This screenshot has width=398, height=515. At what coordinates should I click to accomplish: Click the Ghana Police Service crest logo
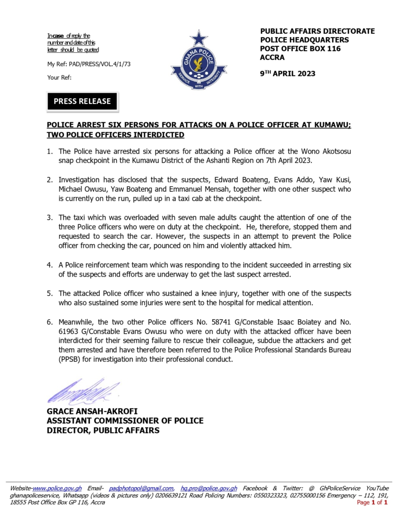click(x=199, y=61)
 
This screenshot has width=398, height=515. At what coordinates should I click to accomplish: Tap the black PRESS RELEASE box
click(x=82, y=101)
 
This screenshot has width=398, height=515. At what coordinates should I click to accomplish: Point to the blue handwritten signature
click(x=83, y=392)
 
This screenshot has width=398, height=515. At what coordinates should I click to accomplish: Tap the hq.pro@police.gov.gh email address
click(x=209, y=488)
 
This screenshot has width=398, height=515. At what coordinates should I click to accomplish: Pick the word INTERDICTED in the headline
click(x=160, y=135)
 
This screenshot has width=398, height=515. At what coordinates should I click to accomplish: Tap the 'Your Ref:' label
click(x=59, y=77)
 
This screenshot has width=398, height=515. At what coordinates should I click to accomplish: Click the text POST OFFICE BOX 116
click(x=300, y=49)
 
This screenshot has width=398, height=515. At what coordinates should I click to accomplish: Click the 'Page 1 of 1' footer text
click(x=372, y=502)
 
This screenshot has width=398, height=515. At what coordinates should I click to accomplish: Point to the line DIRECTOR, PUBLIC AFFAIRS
click(x=103, y=430)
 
